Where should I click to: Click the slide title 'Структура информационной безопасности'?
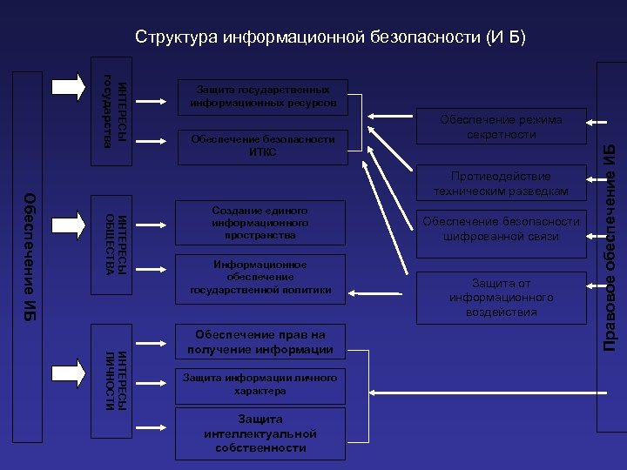pos(331,37)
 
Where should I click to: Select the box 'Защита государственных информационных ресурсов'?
pos(262,96)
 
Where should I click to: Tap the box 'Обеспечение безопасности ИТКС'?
pos(262,145)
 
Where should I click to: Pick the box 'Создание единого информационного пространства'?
pos(260,223)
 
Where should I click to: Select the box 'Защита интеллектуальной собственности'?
pos(260,433)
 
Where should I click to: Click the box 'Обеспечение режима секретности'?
pos(501,127)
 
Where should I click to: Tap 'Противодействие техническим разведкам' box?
pos(501,183)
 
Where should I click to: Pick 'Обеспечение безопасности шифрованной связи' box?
pos(501,229)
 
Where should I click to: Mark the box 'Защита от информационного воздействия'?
pos(501,297)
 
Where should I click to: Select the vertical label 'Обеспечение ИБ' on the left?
pos(29,257)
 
